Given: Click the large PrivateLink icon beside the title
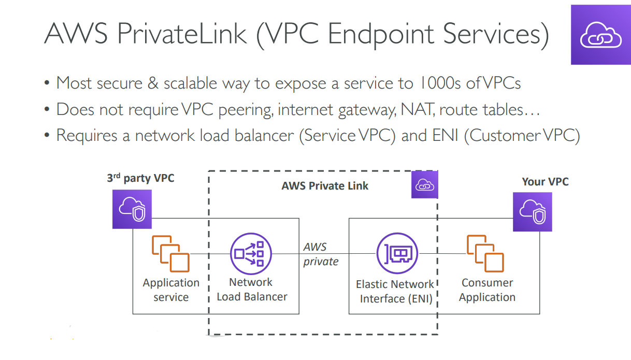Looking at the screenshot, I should [600, 35].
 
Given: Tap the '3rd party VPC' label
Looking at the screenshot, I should [140, 178].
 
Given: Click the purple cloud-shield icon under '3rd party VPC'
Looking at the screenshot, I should [132, 209].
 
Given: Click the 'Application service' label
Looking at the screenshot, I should [171, 290].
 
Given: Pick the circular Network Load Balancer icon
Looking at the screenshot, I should [251, 253].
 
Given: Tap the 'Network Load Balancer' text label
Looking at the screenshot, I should [251, 290].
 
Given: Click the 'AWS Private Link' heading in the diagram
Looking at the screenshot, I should [325, 186].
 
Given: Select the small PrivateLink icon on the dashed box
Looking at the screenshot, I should [424, 185].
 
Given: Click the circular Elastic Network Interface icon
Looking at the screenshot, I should [397, 253].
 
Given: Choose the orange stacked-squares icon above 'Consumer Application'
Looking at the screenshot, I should [485, 253].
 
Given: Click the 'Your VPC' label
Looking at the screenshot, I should [545, 181].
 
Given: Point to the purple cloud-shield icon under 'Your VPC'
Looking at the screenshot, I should [532, 212].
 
